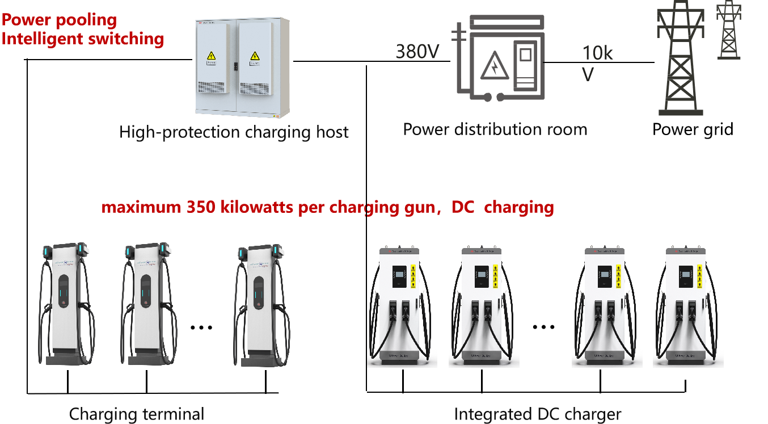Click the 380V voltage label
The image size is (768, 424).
[417, 52]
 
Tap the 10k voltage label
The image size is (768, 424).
[597, 53]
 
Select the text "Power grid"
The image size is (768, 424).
[693, 129]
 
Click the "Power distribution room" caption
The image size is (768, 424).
[495, 129]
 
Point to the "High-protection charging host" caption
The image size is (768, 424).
[234, 133]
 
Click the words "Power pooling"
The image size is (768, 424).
[59, 20]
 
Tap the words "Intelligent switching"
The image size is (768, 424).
[83, 39]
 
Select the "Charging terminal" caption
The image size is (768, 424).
[136, 414]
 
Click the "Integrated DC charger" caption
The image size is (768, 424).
[538, 414]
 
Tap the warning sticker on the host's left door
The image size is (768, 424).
[211, 56]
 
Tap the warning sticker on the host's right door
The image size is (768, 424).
[254, 56]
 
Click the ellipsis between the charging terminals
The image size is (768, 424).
[201, 328]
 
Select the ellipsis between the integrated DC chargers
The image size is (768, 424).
[543, 327]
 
